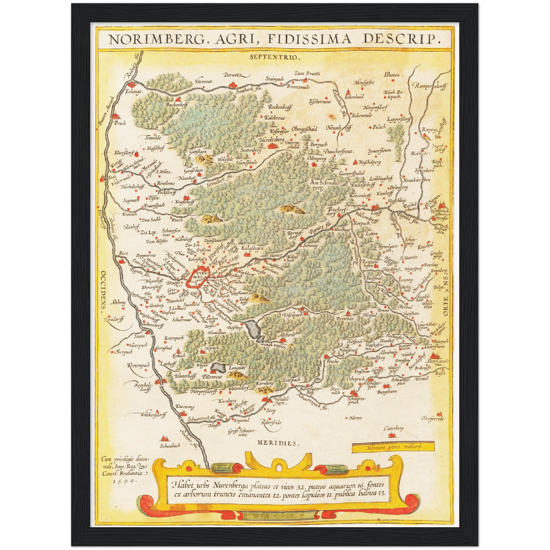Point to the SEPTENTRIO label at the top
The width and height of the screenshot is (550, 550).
(275, 57)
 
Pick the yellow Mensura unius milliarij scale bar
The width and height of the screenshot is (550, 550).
(393, 447)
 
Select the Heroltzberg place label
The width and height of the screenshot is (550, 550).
(271, 140)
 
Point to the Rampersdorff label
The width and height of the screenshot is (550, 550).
(431, 86)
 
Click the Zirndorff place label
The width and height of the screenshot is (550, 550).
(114, 319)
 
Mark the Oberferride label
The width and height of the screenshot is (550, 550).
(432, 418)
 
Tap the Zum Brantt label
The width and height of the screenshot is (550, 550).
(307, 73)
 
